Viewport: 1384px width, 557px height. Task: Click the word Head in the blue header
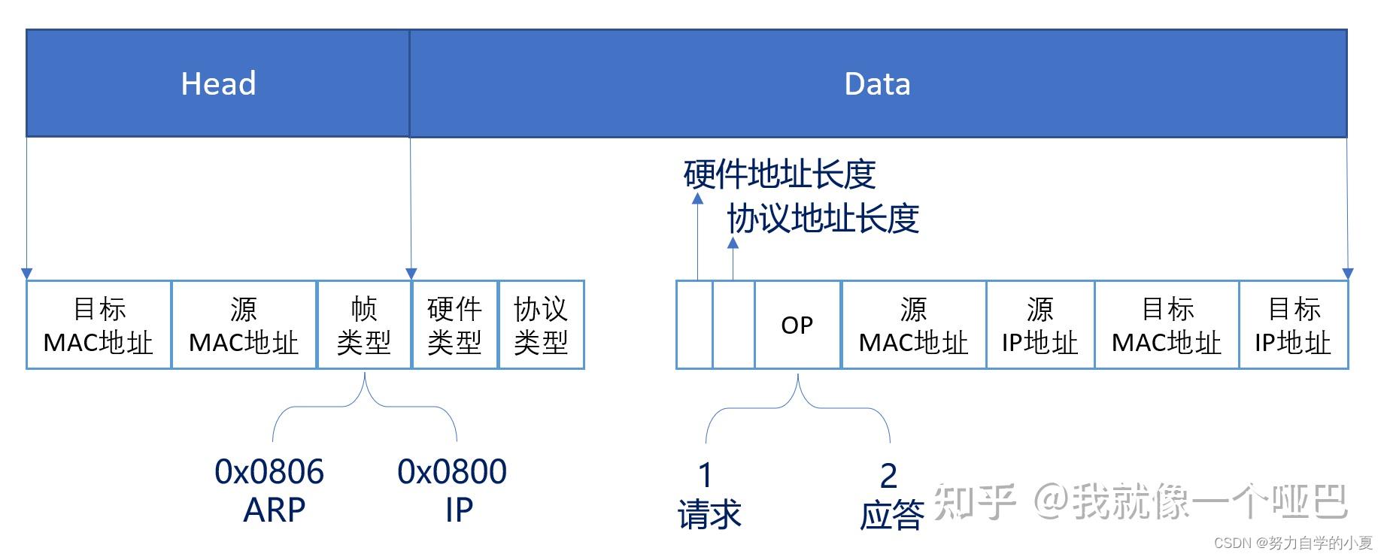(218, 83)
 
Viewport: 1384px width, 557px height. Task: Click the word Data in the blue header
(877, 83)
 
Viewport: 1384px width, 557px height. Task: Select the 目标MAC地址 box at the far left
(99, 325)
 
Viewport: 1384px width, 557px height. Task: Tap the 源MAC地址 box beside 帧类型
(244, 325)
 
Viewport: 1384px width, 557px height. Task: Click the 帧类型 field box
(364, 325)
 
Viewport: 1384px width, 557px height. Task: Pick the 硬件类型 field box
(454, 325)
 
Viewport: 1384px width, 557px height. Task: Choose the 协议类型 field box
(541, 325)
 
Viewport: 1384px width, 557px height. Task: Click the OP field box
(797, 325)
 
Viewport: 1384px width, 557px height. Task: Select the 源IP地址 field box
(1040, 325)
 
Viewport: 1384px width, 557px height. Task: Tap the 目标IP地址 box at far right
(1293, 325)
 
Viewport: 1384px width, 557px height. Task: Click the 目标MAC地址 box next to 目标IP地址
(1167, 325)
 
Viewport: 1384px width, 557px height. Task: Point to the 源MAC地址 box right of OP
(913, 325)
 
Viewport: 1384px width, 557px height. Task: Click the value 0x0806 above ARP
(269, 472)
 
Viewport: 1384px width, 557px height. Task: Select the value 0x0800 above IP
(452, 472)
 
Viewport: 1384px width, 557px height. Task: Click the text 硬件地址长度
(779, 174)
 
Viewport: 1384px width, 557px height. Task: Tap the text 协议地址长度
(823, 219)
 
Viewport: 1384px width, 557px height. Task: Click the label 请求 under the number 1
(709, 515)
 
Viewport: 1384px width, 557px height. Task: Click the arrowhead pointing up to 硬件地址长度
(697, 198)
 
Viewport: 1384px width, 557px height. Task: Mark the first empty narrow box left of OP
(694, 325)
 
